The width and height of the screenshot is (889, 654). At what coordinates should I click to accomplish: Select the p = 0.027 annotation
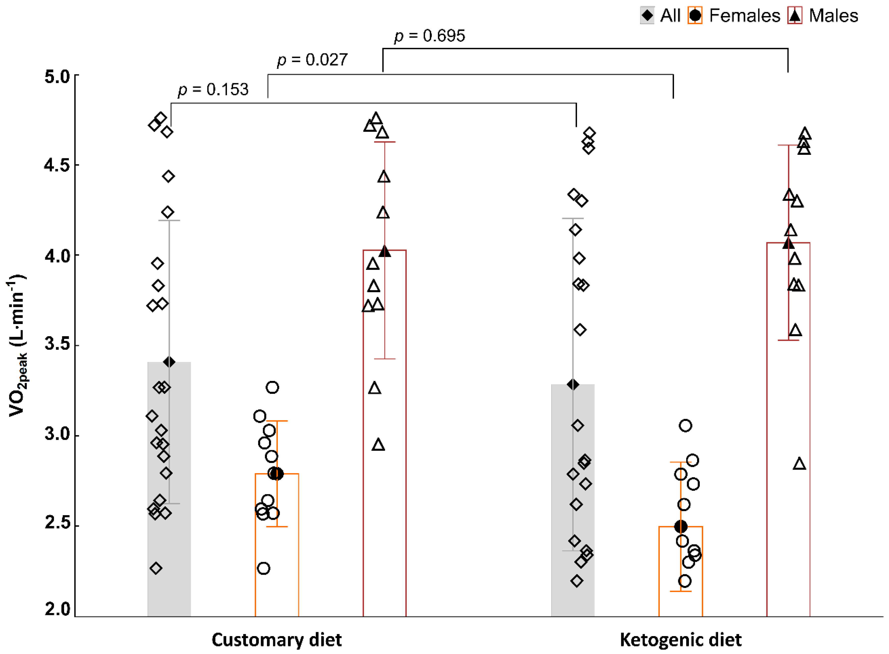click(312, 60)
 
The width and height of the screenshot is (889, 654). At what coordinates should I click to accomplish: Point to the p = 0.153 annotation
click(213, 89)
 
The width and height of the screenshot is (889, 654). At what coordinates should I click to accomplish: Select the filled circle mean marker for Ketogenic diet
click(681, 527)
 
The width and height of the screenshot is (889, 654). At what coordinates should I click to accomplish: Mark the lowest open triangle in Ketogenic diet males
click(800, 464)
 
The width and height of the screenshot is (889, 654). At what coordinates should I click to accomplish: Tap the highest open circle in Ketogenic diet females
click(685, 426)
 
